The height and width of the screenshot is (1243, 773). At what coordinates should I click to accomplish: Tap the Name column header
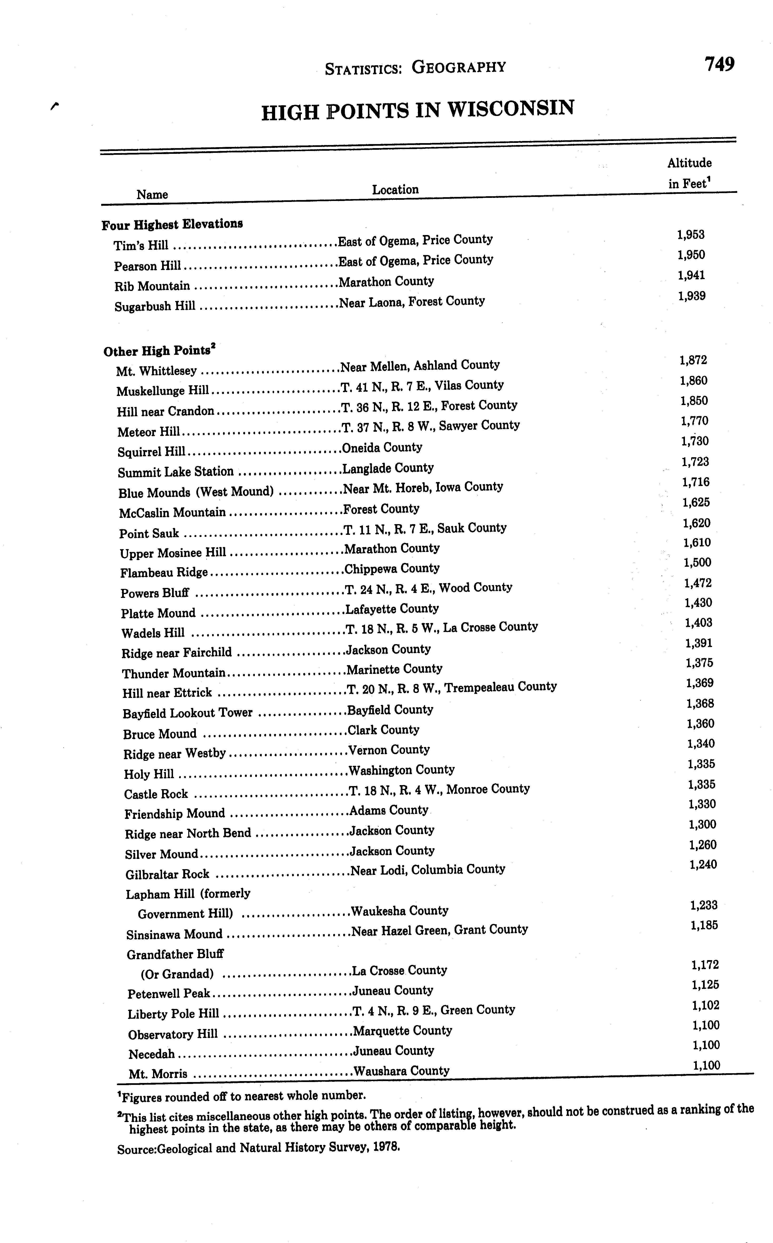click(152, 194)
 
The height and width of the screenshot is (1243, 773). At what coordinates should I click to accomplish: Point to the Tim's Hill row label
click(141, 246)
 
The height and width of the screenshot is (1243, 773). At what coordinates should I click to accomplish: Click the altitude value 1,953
click(691, 235)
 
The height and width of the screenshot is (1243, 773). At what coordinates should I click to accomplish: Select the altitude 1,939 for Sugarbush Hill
click(692, 296)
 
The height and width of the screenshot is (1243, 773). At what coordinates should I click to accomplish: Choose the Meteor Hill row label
click(148, 432)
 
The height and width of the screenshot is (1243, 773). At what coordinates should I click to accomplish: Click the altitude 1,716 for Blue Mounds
click(695, 482)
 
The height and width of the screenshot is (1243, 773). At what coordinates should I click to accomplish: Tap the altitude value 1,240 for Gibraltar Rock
click(703, 864)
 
